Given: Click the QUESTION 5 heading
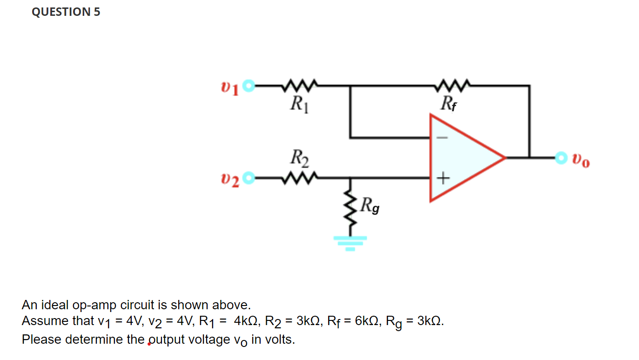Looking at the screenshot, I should pos(66,12).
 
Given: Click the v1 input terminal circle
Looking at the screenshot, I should pos(250,86).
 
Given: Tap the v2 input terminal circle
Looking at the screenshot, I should pos(250,177).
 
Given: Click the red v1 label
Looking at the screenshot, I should pos(231,87).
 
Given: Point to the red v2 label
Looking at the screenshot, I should pos(231,179).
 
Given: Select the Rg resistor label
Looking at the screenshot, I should pos(370,205).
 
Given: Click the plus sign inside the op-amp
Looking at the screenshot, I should pos(443,177).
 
